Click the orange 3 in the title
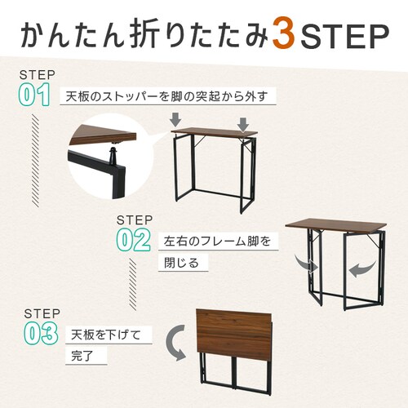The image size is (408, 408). (284, 35)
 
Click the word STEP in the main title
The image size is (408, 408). (344, 36)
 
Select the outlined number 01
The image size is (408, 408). (34, 95)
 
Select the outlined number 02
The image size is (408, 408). (133, 240)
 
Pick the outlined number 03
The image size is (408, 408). (41, 334)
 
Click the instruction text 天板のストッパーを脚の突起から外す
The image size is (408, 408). (167, 96)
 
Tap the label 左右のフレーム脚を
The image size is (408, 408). (218, 241)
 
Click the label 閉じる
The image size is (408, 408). (181, 263)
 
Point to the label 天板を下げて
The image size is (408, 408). (106, 335)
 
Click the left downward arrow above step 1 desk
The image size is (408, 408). (175, 119)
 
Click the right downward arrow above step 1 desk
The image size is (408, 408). (243, 124)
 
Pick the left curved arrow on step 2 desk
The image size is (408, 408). (306, 264)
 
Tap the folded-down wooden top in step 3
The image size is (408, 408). (234, 332)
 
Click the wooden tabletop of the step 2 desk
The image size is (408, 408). (336, 225)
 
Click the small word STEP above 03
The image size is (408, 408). (42, 313)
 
